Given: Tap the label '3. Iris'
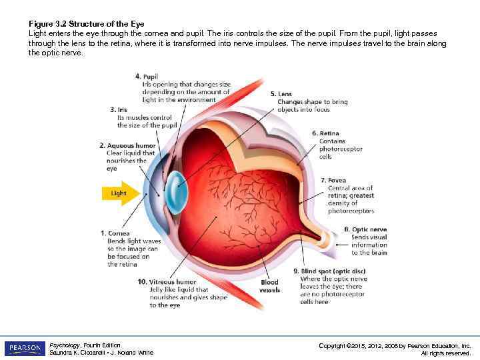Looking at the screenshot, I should point(117,109).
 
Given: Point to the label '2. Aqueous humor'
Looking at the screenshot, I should point(127,145).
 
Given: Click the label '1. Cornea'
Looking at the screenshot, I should point(115,233).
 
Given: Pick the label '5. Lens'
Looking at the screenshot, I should point(282,94).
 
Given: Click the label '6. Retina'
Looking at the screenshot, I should point(325,133).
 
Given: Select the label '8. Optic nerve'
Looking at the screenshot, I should point(365,229).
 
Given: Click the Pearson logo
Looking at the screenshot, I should point(25,348).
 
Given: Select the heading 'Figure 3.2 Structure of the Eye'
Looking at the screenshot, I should point(87,24).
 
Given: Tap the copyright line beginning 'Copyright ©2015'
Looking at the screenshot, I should point(395,345).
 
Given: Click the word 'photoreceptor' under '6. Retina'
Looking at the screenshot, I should point(341,149).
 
